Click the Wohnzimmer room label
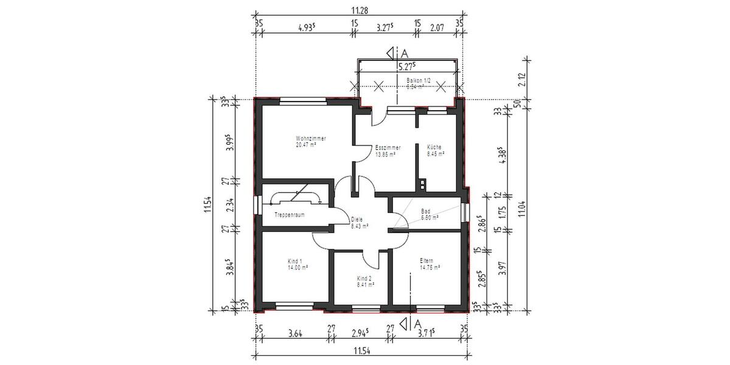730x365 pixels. (x=311, y=139)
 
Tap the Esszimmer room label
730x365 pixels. (x=387, y=148)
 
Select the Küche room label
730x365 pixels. (x=434, y=147)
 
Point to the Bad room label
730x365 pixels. (x=426, y=211)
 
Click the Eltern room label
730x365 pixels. (x=426, y=260)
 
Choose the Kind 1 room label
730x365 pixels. (x=295, y=260)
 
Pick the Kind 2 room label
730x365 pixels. (x=364, y=278)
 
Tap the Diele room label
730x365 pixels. (x=357, y=219)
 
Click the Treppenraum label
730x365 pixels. (x=289, y=215)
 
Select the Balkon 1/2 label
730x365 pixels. (x=419, y=80)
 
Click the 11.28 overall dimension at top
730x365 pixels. (x=359, y=10)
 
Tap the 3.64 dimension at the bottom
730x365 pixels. (x=294, y=333)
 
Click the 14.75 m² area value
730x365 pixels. (x=429, y=266)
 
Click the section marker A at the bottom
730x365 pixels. (x=417, y=322)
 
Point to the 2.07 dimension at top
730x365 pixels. (x=437, y=27)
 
